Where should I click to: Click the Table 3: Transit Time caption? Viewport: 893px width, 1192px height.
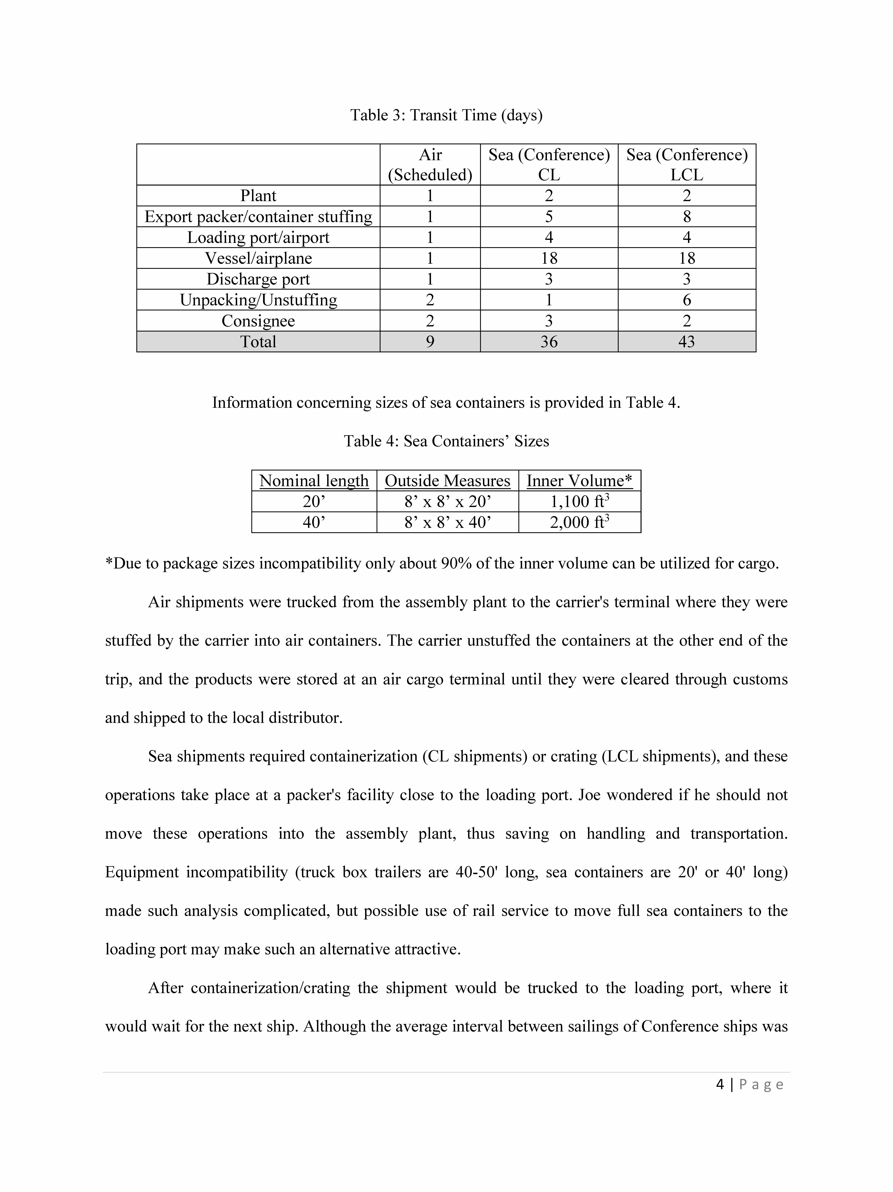pyautogui.click(x=446, y=115)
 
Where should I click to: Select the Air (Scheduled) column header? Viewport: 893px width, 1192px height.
pyautogui.click(x=430, y=164)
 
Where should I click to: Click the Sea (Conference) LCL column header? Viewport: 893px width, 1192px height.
pyautogui.click(x=687, y=164)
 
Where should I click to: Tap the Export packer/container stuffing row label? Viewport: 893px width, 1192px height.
pyautogui.click(x=258, y=217)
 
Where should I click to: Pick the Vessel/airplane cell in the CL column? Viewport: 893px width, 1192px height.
pyautogui.click(x=549, y=258)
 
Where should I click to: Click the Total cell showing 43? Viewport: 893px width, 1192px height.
pyautogui.click(x=687, y=342)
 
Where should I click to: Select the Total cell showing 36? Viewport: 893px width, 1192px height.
pyautogui.click(x=549, y=342)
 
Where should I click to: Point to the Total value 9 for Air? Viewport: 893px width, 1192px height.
pyautogui.click(x=430, y=342)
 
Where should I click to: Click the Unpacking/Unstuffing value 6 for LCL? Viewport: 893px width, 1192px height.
pyautogui.click(x=687, y=300)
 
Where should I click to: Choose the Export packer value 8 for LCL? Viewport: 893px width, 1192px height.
pyautogui.click(x=687, y=217)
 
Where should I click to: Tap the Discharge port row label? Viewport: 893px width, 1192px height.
pyautogui.click(x=258, y=279)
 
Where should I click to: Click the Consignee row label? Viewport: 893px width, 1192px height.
pyautogui.click(x=258, y=321)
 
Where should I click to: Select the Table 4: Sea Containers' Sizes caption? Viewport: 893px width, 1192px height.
pyautogui.click(x=446, y=441)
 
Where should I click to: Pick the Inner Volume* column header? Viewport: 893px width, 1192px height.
pyautogui.click(x=579, y=481)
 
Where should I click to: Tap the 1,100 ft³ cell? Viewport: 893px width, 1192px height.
pyautogui.click(x=579, y=502)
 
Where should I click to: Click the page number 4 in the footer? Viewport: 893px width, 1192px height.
pyautogui.click(x=720, y=1084)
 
